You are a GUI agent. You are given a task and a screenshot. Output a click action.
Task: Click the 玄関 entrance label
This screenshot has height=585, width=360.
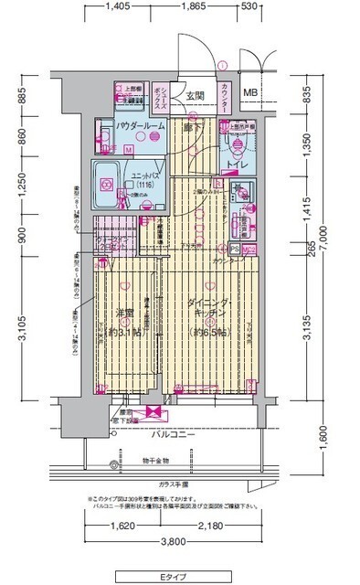[x=194, y=95]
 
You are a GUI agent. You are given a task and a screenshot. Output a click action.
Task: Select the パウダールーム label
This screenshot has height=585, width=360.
[x=140, y=126]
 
